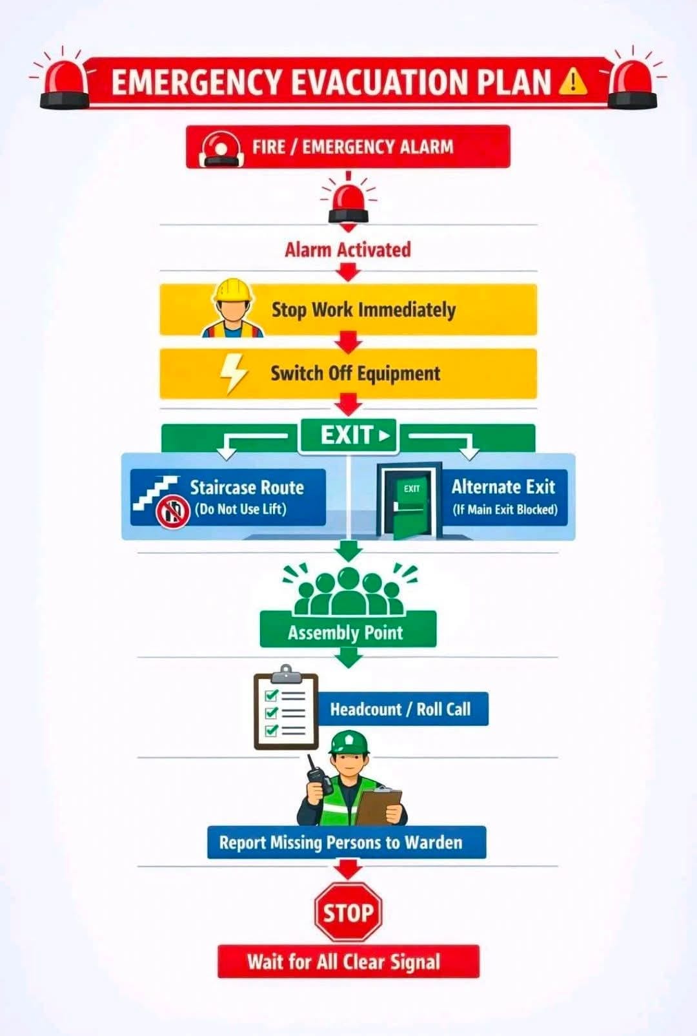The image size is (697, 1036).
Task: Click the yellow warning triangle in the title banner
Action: pos(572,81)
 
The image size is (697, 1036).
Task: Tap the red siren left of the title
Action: pos(65,83)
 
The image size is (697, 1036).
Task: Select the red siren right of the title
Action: pos(632,83)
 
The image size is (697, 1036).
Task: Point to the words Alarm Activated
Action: pos(348,250)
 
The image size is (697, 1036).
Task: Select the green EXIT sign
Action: pos(348,435)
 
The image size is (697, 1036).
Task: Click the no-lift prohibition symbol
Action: pos(173,512)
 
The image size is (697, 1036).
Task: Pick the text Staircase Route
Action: pos(247,488)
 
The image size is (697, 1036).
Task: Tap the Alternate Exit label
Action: pos(503,487)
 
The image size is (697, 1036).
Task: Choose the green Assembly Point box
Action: pos(348,629)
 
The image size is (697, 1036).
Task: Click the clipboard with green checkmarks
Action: pos(286,708)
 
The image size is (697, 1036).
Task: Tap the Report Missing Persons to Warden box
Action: pos(347,842)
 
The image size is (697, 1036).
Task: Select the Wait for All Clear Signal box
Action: pos(348,962)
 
